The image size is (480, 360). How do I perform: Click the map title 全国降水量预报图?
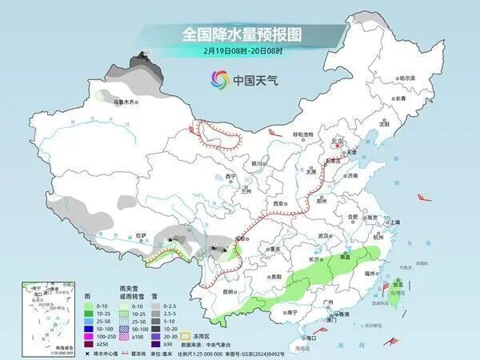(239, 34)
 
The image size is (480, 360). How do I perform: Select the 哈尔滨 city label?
(407, 78)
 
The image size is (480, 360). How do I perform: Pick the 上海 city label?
(392, 222)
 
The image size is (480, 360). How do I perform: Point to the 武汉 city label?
(322, 236)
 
